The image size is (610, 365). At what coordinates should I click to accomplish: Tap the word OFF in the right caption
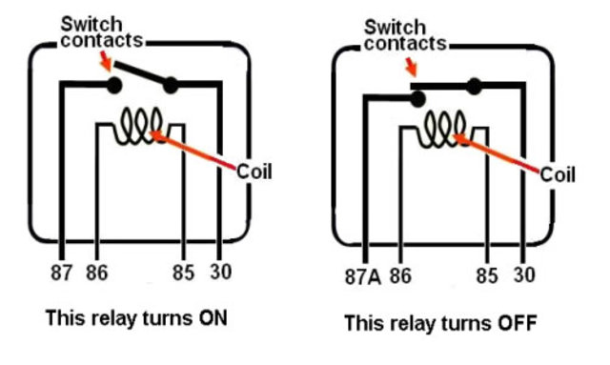516,323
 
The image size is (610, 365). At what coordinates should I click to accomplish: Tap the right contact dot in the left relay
171,87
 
